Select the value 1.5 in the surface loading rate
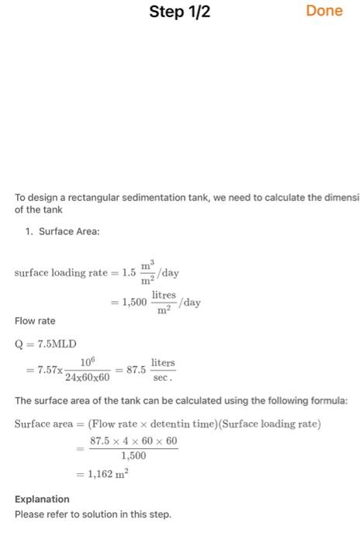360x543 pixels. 132,274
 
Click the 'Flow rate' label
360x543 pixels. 35,320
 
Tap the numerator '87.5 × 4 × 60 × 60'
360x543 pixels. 134,441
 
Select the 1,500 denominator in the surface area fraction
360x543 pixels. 134,457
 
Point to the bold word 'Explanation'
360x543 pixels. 42,499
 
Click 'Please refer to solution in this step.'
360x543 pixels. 92,514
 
